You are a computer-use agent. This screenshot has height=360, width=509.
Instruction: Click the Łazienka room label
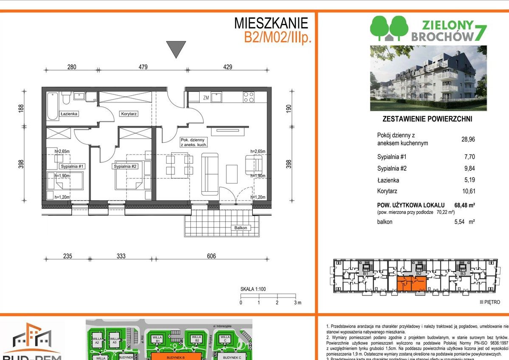68,114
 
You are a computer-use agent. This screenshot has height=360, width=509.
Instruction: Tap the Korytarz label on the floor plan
128,114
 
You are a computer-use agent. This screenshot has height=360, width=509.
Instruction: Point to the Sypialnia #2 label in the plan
125,166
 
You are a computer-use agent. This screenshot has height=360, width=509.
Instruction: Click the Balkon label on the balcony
240,228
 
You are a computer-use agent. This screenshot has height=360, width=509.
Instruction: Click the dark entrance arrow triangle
176,49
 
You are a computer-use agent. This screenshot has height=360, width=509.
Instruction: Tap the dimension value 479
143,67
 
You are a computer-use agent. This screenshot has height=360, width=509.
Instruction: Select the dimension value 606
211,256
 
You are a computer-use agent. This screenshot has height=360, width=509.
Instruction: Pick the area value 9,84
469,168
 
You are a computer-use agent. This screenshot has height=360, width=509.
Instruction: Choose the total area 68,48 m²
464,205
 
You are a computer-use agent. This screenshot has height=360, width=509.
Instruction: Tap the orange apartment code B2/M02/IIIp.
278,37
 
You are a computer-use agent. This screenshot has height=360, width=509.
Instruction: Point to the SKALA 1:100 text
253,289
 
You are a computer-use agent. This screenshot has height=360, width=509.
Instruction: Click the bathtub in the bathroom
52,106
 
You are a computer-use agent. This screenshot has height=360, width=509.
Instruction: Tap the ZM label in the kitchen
206,97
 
